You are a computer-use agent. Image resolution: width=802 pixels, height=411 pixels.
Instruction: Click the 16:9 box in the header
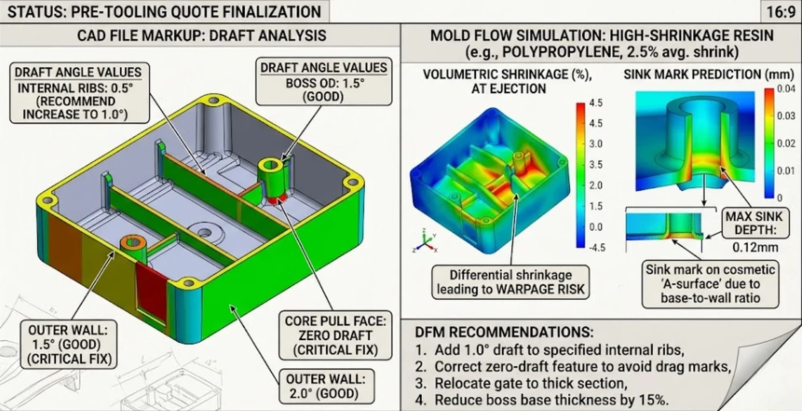[781, 11]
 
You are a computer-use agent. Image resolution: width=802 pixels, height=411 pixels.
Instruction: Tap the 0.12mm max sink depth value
[755, 247]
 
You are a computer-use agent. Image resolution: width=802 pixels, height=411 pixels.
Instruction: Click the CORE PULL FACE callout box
[335, 335]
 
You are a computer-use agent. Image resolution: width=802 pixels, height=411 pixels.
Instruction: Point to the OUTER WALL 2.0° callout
[325, 386]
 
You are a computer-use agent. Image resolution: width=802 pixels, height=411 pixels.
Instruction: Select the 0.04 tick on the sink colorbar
[786, 89]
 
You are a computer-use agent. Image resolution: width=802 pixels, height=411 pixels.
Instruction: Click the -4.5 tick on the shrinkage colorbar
[596, 248]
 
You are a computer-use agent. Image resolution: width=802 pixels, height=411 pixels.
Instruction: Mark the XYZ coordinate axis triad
[425, 243]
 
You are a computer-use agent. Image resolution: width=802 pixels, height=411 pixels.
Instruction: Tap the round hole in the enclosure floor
[204, 232]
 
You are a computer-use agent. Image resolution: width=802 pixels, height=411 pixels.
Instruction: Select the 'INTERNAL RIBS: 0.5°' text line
[75, 88]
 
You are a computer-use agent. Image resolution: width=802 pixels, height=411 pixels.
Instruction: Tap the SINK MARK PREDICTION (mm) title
[708, 74]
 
